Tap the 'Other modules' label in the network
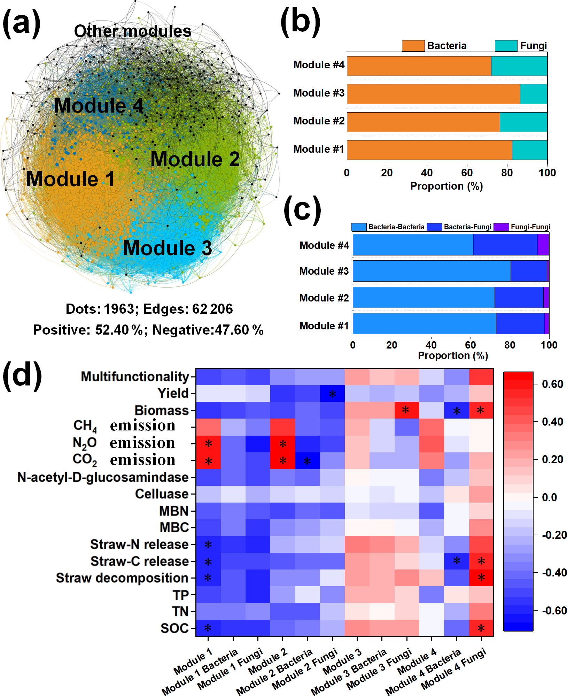[132, 31]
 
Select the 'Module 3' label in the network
[167, 248]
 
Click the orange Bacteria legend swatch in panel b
[413, 46]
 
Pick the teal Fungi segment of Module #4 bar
[519, 66]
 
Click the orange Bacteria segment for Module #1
[429, 150]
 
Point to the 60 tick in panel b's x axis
[467, 173]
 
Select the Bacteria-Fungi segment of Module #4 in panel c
[505, 245]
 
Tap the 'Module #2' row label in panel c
[324, 298]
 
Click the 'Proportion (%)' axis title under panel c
[453, 355]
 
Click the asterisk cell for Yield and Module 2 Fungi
[332, 394]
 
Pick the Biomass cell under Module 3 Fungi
[406, 410]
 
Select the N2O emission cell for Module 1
[208, 444]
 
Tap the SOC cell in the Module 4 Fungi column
[481, 628]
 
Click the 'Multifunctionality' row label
[135, 377]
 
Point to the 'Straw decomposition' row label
[122, 578]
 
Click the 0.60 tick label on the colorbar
[552, 384]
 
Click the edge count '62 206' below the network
[212, 309]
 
